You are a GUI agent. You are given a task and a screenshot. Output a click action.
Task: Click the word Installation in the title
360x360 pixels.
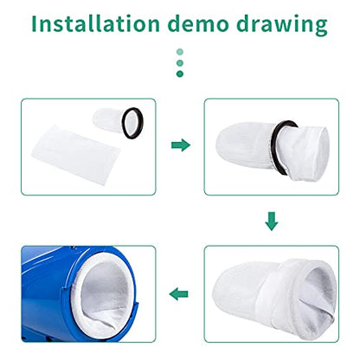(x=95, y=23)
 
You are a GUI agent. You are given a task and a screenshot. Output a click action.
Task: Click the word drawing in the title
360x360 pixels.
(x=282, y=25)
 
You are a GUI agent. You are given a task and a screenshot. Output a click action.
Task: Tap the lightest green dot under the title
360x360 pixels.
(x=180, y=52)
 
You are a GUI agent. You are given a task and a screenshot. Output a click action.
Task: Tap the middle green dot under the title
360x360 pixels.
(x=180, y=63)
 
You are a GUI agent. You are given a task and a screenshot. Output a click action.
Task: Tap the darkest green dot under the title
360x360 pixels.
(x=180, y=74)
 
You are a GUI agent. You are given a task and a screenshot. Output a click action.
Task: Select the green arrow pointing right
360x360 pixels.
(x=181, y=145)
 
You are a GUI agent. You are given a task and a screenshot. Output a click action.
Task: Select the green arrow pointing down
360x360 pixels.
(x=272, y=222)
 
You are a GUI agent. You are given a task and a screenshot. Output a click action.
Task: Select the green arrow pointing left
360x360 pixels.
(x=178, y=294)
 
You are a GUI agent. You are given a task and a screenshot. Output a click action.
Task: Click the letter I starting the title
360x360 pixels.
(x=34, y=23)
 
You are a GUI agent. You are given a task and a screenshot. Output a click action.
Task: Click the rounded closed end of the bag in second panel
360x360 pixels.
(x=228, y=145)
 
